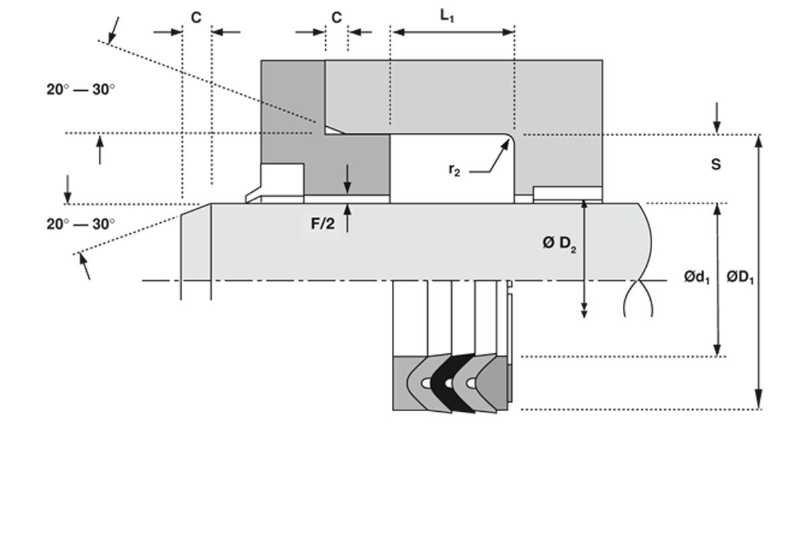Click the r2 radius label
coord(455,170)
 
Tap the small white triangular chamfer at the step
coord(332,129)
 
